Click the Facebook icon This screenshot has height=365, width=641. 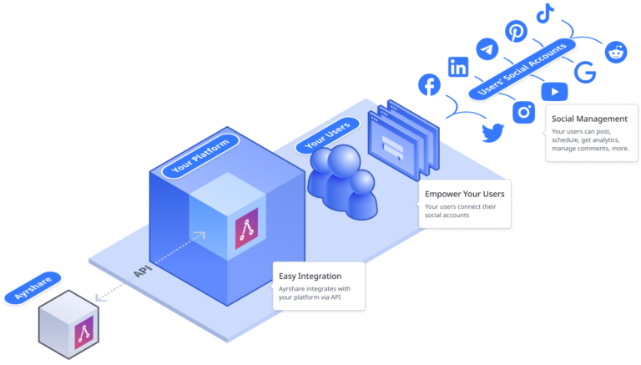429,84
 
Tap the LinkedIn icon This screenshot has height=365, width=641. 458,68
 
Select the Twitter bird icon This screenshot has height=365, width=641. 493,131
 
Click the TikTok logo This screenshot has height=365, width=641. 545,13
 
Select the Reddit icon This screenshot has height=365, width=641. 618,52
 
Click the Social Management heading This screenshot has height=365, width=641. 588,119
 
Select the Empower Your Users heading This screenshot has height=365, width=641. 464,194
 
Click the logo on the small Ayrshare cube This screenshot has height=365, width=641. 83,335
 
